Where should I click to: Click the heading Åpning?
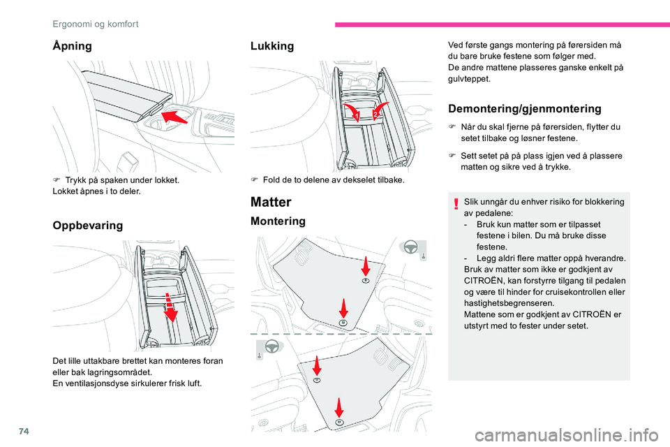(72, 46)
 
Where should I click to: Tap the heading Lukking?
(272, 46)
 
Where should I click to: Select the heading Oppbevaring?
(88, 226)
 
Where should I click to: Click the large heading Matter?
(271, 202)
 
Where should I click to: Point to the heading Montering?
(278, 221)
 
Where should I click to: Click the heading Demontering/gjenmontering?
(525, 109)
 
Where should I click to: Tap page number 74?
(24, 431)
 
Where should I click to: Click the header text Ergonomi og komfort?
(96, 24)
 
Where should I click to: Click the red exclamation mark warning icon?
(456, 204)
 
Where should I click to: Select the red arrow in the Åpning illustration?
(174, 117)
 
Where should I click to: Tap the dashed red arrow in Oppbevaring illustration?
(171, 307)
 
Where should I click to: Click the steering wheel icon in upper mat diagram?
(410, 247)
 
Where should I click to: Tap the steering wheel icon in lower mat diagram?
(271, 346)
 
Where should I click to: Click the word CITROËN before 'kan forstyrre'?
(484, 281)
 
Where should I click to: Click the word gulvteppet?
(469, 79)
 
